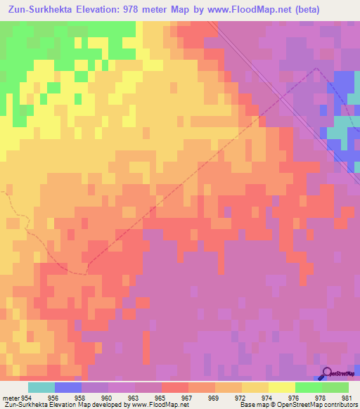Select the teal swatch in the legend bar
pos(41,387)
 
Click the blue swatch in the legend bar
pos(68,387)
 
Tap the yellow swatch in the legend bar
pos(281,387)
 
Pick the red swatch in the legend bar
pos(175,387)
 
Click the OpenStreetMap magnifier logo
pos(326,374)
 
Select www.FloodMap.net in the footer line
pos(150,405)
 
